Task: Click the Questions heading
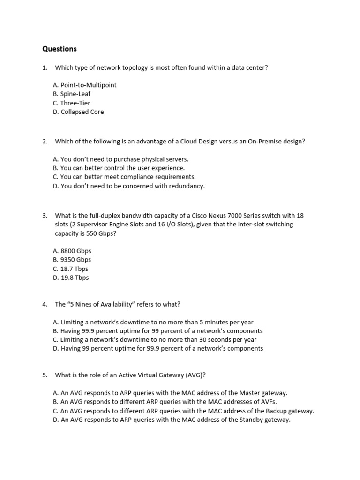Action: point(60,49)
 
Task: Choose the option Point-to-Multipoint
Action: point(85,85)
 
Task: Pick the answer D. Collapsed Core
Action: point(78,112)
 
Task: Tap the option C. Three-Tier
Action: point(72,103)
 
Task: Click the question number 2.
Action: point(45,141)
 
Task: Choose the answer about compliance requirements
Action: point(124,177)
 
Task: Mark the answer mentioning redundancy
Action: point(129,186)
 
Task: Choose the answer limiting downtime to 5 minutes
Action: point(153,322)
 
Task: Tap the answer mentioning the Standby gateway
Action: point(172,420)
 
